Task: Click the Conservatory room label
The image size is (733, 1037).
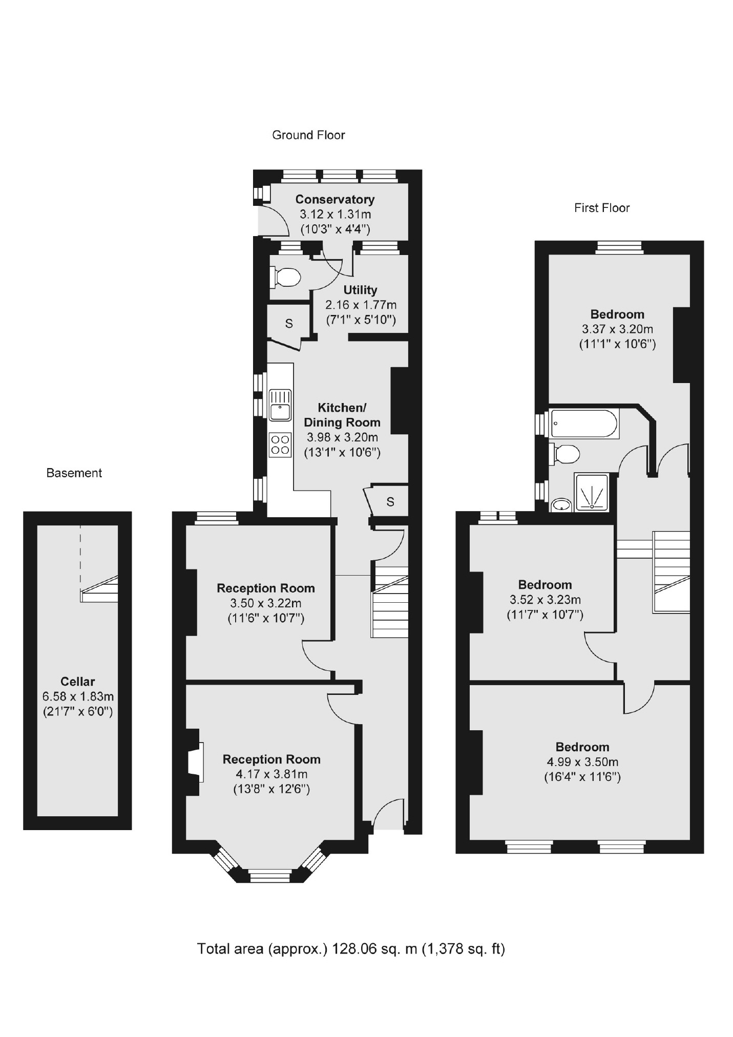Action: point(334,199)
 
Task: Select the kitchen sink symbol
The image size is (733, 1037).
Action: point(280,405)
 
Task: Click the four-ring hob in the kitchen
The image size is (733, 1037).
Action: point(280,445)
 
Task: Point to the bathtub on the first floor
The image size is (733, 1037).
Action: point(584,424)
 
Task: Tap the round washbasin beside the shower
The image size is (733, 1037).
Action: point(562,505)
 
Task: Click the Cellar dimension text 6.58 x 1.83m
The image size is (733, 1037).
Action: point(78,696)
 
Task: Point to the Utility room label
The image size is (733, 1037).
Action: point(360,290)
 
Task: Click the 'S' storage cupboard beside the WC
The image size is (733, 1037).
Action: point(289,323)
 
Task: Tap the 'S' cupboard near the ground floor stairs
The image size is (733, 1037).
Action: point(390,502)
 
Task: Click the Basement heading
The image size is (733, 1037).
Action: point(74,473)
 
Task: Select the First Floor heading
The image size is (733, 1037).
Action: point(601,207)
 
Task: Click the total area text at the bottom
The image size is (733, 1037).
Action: point(351,948)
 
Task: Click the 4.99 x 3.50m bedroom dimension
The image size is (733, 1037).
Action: point(582,761)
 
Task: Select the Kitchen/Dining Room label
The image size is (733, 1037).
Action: point(342,415)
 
